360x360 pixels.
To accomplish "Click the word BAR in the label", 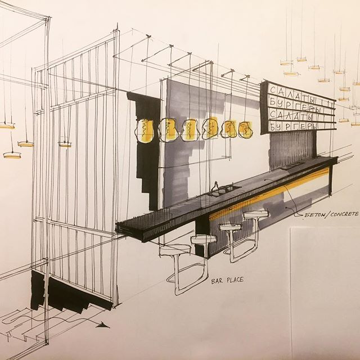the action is tap(217, 281).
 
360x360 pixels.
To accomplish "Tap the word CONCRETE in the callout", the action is tap(344, 214).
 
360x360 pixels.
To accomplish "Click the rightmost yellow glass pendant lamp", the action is tap(245, 130).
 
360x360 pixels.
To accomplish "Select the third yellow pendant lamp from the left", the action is tap(190, 130).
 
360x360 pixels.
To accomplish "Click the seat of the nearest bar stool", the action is tap(175, 250).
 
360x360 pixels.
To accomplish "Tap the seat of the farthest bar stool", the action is tap(256, 214).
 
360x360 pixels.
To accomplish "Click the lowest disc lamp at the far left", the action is tap(12, 155).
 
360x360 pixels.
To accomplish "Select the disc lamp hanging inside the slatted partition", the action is tap(65, 145).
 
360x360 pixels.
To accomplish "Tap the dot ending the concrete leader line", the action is tap(287, 208).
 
